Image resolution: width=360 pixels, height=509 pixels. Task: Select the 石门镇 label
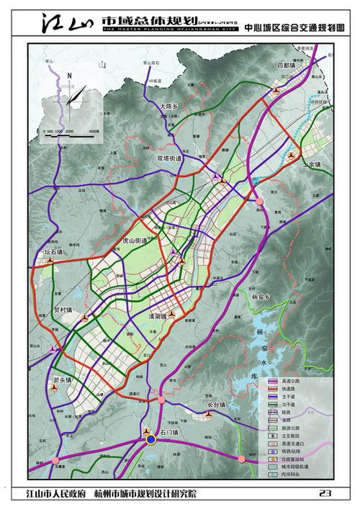tap(153, 432)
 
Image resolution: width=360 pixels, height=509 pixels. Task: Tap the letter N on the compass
tap(69, 76)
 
